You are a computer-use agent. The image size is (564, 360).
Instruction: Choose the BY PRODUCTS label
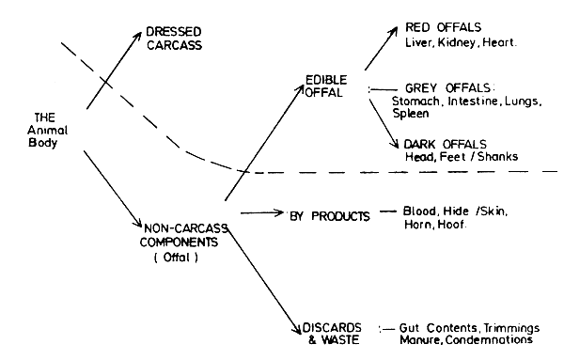coord(328,215)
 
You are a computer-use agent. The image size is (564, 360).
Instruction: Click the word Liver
coord(418,43)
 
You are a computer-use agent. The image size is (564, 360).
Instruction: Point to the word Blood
coord(419,211)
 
